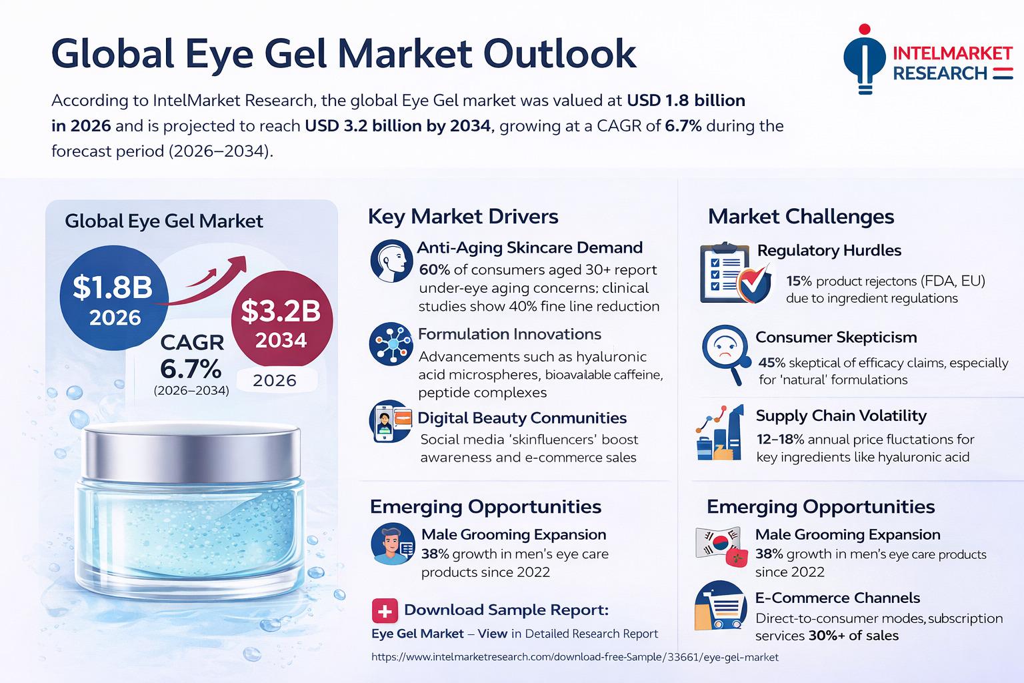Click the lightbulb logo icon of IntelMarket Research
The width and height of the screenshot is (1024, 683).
pos(864,60)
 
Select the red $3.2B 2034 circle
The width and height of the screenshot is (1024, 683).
pos(281,323)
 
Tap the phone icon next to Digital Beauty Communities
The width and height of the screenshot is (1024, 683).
pos(389,422)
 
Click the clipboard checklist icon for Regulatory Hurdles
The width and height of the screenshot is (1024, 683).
pos(729,273)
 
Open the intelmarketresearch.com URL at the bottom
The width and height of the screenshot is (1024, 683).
pos(574,657)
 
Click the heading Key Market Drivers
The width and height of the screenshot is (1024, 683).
pos(463,216)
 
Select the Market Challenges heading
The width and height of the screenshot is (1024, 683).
pos(801,216)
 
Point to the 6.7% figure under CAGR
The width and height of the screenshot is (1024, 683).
pos(191,368)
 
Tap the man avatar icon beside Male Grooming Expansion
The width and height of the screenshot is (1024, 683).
pos(392,544)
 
